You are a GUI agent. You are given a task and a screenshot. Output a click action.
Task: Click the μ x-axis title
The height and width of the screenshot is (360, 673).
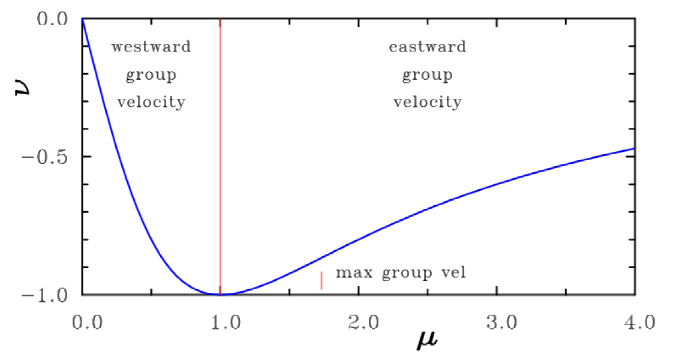[x=428, y=343]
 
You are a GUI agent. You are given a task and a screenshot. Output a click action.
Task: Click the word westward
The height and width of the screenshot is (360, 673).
[x=151, y=47]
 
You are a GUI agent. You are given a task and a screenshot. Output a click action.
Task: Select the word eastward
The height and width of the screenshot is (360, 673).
[x=427, y=47]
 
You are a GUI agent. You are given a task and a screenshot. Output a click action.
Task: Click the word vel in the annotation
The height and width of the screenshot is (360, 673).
[x=452, y=273]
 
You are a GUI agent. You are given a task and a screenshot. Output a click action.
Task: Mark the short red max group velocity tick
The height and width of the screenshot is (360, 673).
[x=322, y=280]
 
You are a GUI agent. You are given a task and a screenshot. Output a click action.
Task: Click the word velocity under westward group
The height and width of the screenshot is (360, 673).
[x=151, y=102]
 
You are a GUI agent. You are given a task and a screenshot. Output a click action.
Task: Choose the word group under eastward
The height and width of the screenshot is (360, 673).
[x=427, y=76]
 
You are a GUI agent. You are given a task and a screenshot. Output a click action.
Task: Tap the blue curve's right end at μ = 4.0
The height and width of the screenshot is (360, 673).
[x=634, y=148]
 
